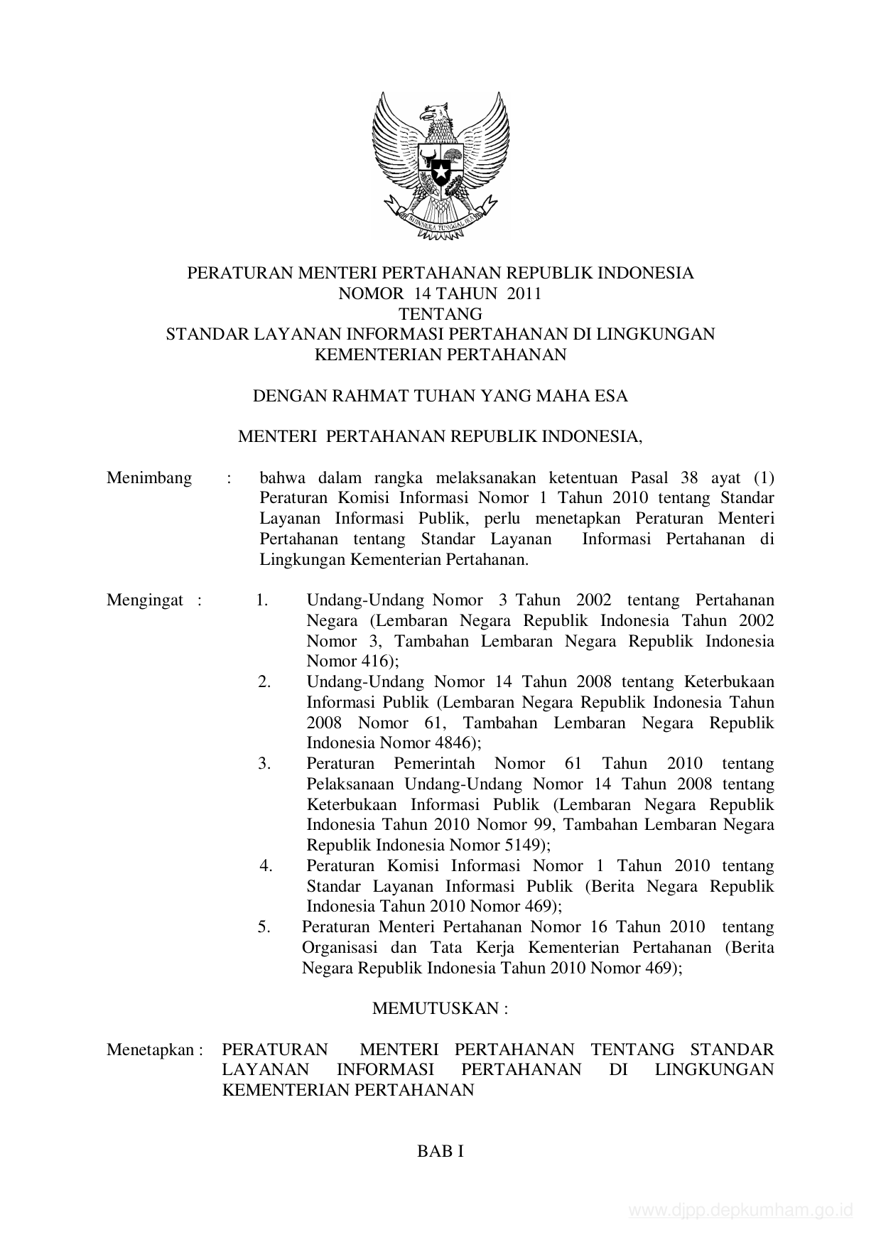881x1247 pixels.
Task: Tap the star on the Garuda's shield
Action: tap(440, 171)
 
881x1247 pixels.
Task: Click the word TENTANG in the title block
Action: tap(440, 313)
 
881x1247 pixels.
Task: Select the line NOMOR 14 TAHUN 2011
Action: tap(440, 293)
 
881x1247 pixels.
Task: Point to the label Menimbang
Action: tap(149, 477)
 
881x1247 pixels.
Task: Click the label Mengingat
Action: tap(145, 600)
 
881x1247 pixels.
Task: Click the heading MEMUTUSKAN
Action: tap(440, 1008)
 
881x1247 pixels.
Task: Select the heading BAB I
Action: tap(440, 1152)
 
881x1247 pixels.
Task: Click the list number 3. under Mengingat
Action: tap(265, 764)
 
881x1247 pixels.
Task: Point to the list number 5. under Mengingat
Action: tap(265, 927)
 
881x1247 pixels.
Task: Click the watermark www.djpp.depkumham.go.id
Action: tap(741, 1211)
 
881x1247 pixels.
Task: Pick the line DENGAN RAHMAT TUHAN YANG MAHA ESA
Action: tap(440, 396)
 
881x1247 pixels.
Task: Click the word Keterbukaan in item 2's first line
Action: tap(729, 682)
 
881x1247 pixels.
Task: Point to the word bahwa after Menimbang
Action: tap(280, 477)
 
